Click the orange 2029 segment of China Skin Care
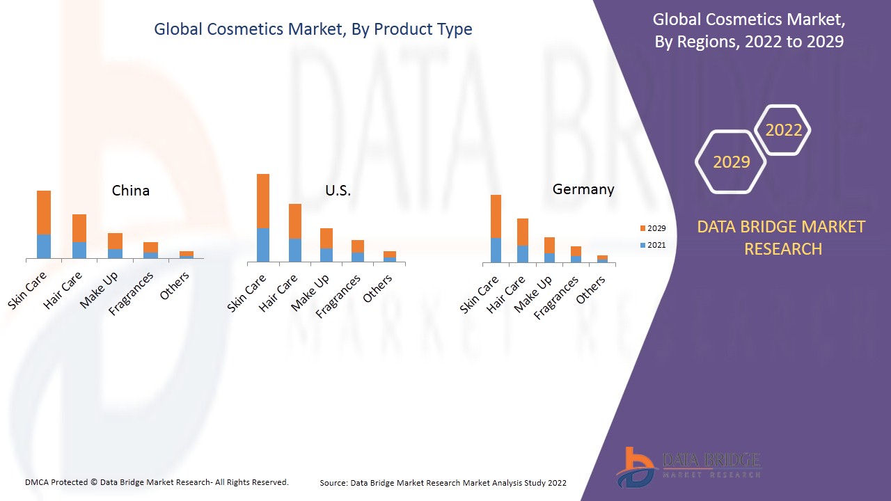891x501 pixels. tap(44, 212)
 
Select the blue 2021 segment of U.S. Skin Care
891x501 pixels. tap(263, 244)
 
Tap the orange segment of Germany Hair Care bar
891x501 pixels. tap(523, 232)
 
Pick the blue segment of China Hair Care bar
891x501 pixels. tap(79, 250)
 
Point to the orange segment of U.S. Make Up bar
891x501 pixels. tap(326, 238)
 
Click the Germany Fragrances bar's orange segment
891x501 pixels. tap(576, 251)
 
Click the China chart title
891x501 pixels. tap(131, 191)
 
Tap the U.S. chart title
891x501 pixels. tap(338, 191)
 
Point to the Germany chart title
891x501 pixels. tap(583, 189)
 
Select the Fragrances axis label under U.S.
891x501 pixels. tap(338, 296)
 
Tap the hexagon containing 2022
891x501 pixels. tap(783, 130)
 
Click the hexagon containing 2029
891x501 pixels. tap(731, 161)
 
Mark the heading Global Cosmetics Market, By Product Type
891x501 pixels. tap(313, 29)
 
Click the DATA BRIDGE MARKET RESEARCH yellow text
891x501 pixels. tap(781, 237)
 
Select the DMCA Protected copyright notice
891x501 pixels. tap(157, 482)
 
